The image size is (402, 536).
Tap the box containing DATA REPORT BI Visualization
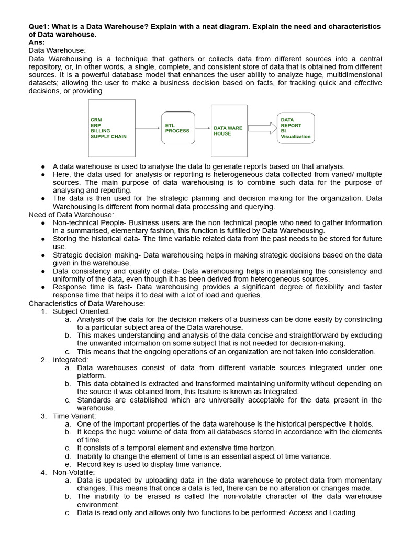296,128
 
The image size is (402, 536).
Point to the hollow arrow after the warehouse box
262,128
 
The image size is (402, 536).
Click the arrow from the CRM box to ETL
149,128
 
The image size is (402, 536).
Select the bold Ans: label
36,42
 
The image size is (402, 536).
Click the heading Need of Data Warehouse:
71,215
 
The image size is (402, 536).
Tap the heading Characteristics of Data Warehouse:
86,303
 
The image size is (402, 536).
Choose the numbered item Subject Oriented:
81,311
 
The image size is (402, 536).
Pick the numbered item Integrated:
71,360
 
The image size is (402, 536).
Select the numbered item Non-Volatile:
74,472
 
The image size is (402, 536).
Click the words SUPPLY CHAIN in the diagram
108,137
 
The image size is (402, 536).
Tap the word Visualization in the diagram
295,137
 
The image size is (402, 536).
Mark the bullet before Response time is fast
43,287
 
